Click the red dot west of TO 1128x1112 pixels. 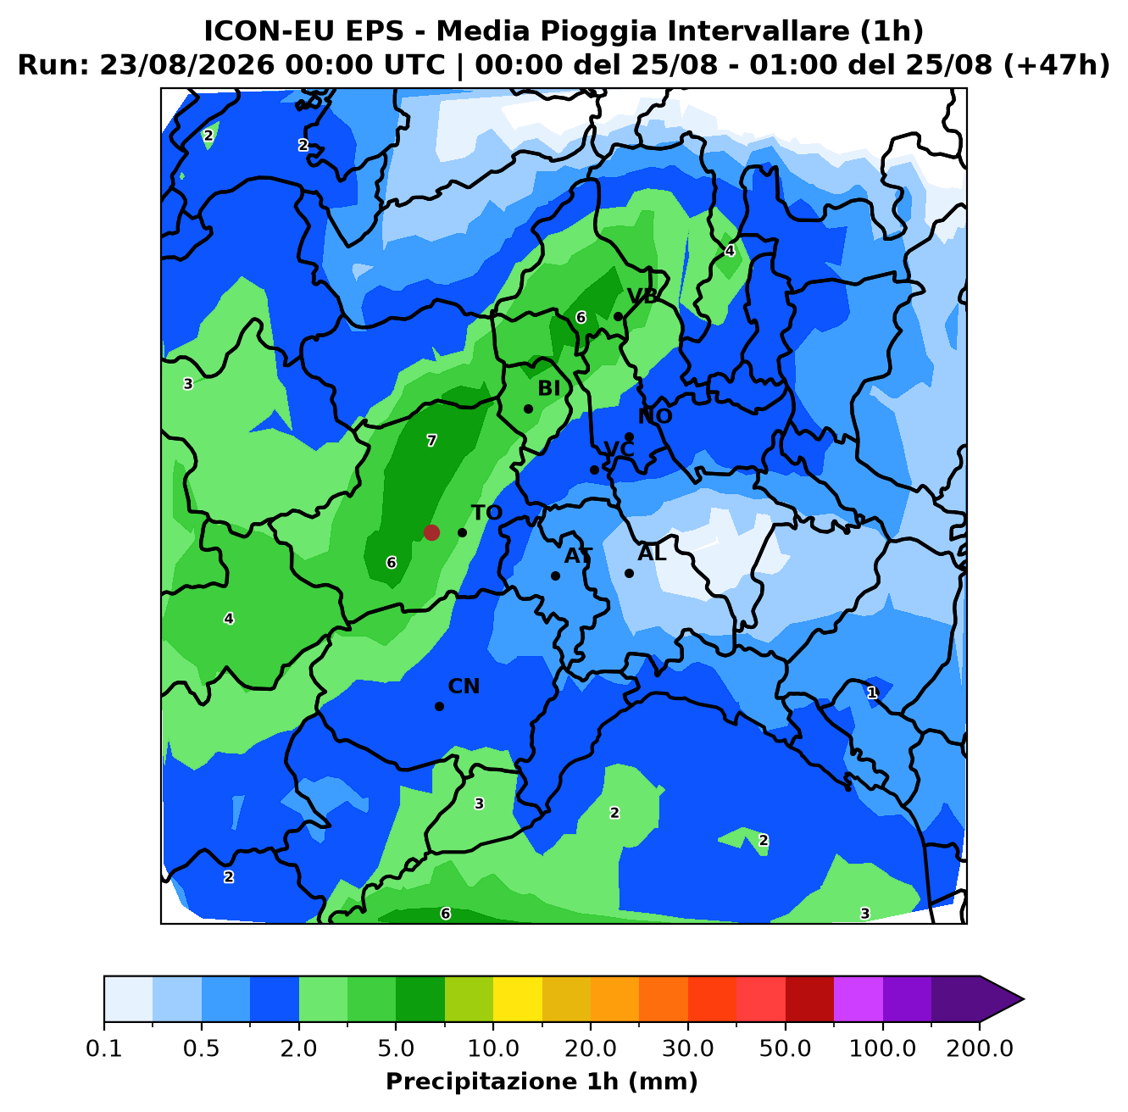tap(431, 532)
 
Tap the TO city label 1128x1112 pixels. tap(486, 513)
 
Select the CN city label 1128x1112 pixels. tap(464, 687)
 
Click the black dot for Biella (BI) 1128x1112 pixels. tap(528, 409)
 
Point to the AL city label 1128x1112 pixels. tap(652, 553)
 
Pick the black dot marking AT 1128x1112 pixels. tap(555, 575)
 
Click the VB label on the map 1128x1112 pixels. tap(642, 297)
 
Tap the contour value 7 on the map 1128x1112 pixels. tap(431, 441)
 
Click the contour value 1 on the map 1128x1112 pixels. tap(872, 692)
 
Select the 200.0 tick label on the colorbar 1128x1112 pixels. tap(980, 1048)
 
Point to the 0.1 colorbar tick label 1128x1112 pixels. tap(104, 1048)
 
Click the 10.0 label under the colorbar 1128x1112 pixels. tap(493, 1048)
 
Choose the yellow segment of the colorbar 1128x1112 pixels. tap(518, 999)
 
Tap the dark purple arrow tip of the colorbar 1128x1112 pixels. tap(1023, 999)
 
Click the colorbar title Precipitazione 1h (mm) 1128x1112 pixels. tap(542, 1081)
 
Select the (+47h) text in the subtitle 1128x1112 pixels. tap(1056, 65)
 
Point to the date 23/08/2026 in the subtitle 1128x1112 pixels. tap(186, 65)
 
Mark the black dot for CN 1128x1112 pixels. tap(439, 706)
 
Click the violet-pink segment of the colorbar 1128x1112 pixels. tap(859, 999)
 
